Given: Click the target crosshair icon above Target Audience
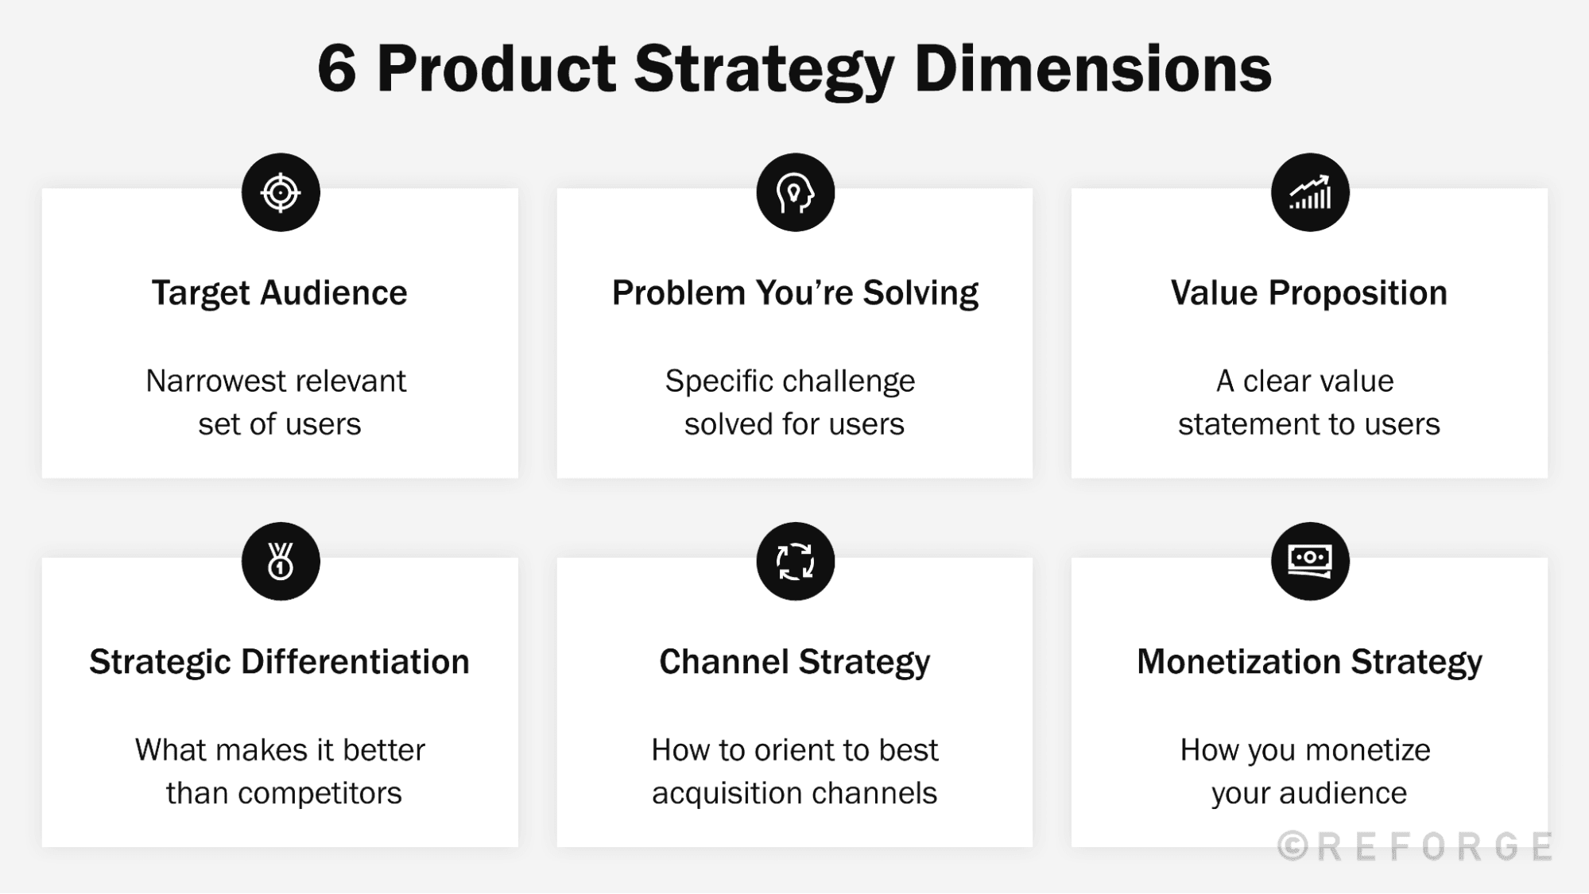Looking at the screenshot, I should (281, 192).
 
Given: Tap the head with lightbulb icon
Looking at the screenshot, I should (795, 192).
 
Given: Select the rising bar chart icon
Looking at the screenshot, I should (1309, 192).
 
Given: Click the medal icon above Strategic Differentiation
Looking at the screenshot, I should (281, 561).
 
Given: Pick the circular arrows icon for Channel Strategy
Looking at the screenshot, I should (795, 561).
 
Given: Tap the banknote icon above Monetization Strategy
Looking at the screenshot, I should (1309, 561).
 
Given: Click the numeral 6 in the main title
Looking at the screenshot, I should (336, 69).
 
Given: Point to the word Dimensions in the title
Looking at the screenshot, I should (1092, 69).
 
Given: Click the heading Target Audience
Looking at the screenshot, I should (280, 292).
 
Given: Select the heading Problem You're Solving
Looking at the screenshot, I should (795, 292).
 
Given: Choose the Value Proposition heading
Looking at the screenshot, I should (1308, 292).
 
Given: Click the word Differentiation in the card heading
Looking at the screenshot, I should (355, 661).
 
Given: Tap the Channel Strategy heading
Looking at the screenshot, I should (795, 661).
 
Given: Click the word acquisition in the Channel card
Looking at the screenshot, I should (724, 793).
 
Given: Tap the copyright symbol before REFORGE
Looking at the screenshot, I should (1293, 846).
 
